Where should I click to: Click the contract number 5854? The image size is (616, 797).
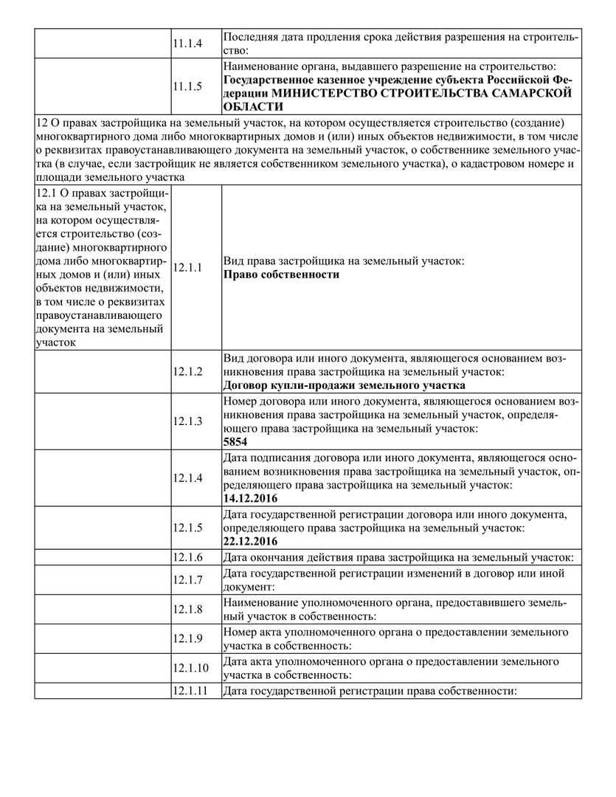pyautogui.click(x=235, y=442)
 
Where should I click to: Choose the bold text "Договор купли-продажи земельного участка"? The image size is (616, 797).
pyautogui.click(x=344, y=385)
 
